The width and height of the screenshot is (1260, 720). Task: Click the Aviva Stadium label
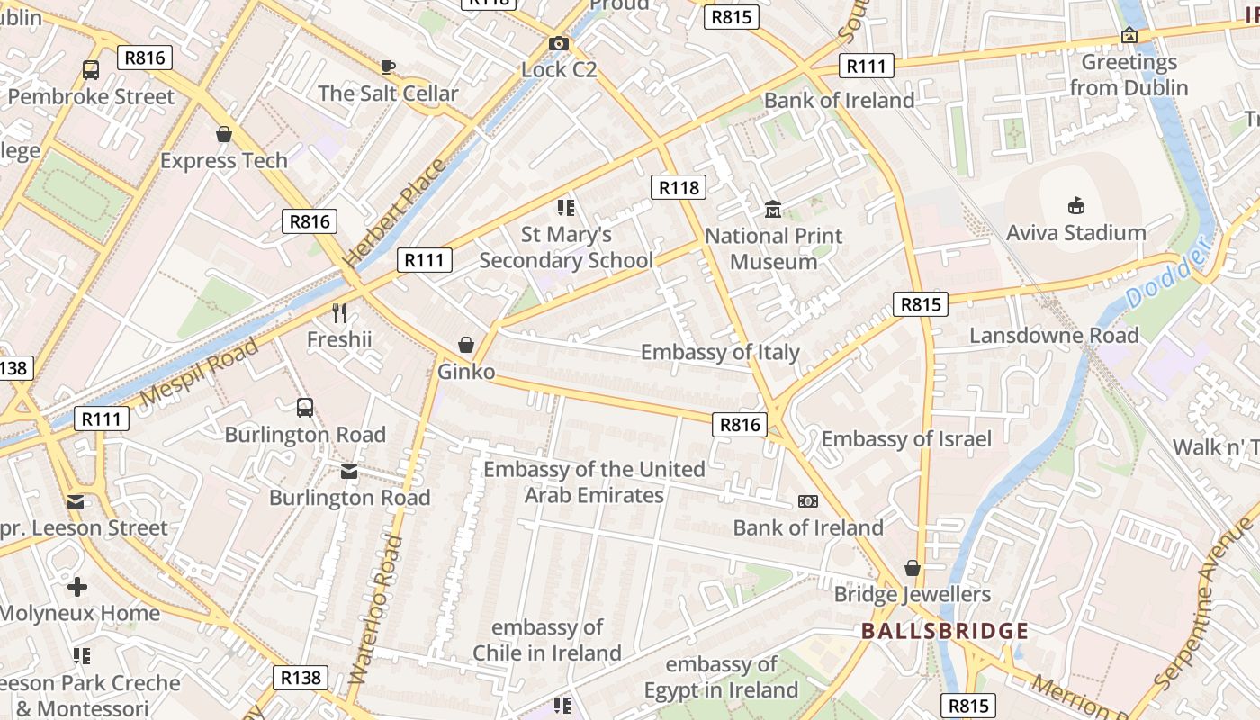(x=1075, y=233)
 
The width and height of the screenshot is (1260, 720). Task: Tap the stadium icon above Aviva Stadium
(x=1075, y=206)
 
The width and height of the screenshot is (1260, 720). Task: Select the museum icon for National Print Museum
(x=772, y=210)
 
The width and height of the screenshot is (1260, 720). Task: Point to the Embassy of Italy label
(x=720, y=352)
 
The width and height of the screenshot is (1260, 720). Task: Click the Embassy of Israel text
(x=906, y=439)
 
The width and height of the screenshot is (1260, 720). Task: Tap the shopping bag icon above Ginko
(x=466, y=345)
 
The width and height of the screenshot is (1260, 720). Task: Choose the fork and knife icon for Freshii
(x=339, y=313)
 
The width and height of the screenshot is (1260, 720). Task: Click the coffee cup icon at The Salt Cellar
(x=388, y=67)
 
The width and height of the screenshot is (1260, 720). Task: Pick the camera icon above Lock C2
(x=559, y=43)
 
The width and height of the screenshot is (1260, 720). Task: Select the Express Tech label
(x=224, y=161)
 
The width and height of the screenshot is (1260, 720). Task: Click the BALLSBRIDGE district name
(x=944, y=631)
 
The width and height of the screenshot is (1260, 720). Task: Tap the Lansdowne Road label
(x=1054, y=336)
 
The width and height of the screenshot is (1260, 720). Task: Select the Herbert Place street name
(x=395, y=212)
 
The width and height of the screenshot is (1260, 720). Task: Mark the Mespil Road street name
(x=200, y=372)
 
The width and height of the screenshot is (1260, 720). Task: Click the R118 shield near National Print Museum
(x=679, y=187)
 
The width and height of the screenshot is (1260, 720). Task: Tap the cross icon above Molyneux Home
(x=77, y=587)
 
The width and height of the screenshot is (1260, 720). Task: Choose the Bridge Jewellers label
(x=912, y=594)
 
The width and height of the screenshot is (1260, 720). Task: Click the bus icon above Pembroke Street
(x=91, y=69)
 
